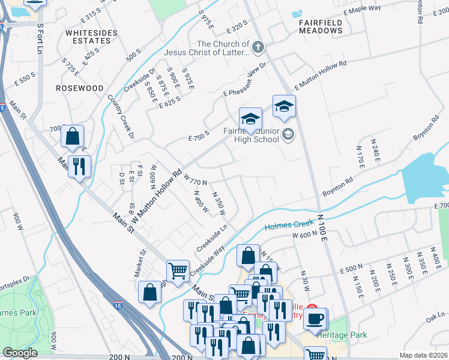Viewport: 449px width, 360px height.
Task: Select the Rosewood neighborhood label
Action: point(79,88)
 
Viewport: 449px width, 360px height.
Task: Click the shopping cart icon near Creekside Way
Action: point(178,271)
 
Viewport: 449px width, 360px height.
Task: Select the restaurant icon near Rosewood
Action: point(79,166)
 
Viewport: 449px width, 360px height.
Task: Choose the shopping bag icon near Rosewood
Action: point(73,136)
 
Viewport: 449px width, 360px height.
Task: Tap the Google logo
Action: point(20,353)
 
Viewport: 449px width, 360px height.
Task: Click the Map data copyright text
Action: point(424,355)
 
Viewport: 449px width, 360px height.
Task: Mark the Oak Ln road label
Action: point(434,316)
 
